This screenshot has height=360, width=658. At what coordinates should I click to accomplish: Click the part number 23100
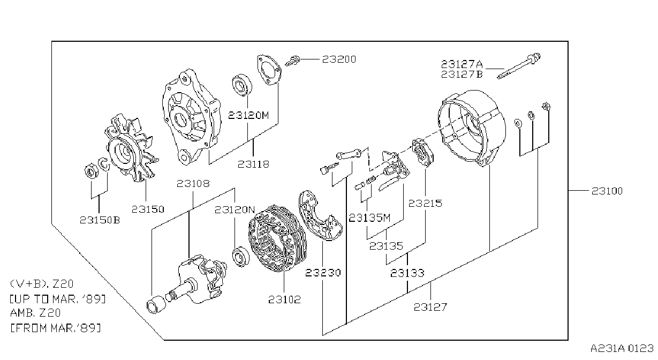(607, 191)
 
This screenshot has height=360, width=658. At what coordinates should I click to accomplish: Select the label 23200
(339, 59)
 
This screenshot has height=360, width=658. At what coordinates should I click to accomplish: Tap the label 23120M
(248, 115)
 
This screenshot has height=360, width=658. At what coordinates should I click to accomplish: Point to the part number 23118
(253, 164)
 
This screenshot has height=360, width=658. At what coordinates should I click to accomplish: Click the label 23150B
(100, 220)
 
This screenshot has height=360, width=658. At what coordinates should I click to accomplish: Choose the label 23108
(193, 184)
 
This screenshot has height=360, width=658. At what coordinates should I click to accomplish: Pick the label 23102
(285, 300)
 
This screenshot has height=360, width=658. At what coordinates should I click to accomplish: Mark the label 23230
(323, 273)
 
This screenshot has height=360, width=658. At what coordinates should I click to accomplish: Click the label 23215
(425, 204)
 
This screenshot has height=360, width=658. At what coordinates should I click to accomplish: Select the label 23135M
(369, 217)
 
